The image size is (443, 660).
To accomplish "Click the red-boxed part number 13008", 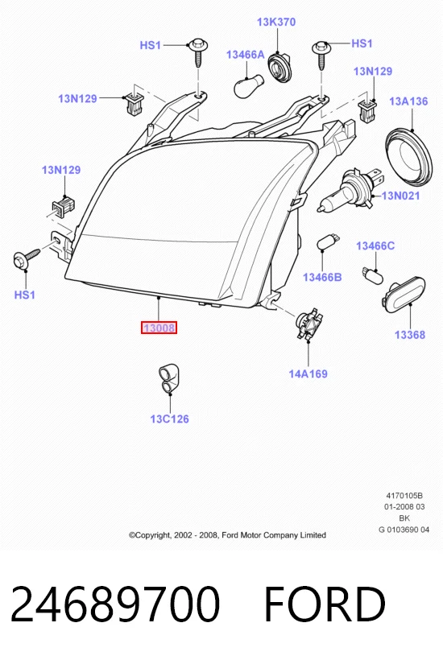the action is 159,328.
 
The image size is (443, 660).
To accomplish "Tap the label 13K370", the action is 276,22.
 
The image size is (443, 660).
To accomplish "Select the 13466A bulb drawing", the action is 248,85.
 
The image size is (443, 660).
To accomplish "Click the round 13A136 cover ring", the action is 409,157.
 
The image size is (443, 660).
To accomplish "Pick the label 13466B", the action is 322,277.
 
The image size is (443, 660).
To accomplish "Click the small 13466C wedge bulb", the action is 372,274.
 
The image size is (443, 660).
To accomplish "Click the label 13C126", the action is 169,419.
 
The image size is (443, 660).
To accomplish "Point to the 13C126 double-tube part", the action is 169,378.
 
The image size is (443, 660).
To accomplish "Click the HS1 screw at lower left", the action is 26,258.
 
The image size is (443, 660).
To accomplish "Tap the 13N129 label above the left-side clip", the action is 61,170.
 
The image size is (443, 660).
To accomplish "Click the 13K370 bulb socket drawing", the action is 279,67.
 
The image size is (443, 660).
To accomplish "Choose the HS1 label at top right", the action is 362,43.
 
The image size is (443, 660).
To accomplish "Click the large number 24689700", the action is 115,604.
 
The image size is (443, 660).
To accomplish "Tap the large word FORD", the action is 325,604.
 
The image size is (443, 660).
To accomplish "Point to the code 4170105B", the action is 404,496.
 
